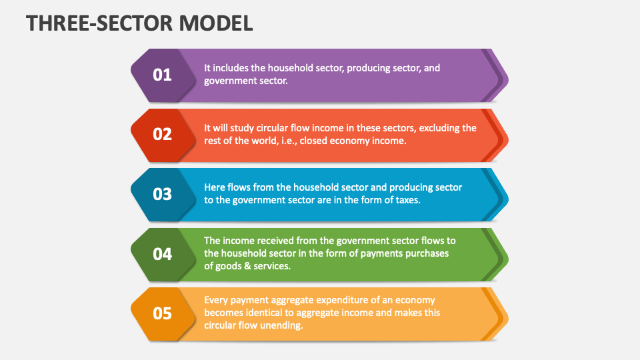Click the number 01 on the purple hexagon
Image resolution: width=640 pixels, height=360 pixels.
pyautogui.click(x=163, y=75)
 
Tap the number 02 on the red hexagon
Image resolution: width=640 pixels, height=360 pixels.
pyautogui.click(x=163, y=135)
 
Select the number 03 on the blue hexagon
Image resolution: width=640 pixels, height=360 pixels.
pyautogui.click(x=163, y=195)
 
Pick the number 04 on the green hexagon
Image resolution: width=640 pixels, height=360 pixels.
pyautogui.click(x=163, y=254)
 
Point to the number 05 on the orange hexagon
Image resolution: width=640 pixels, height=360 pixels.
pyautogui.click(x=163, y=314)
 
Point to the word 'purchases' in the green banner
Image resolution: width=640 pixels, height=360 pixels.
pyautogui.click(x=426, y=253)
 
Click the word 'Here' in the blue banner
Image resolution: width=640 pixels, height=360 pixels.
pyautogui.click(x=215, y=187)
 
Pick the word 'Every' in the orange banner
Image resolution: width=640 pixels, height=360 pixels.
pyautogui.click(x=217, y=300)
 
